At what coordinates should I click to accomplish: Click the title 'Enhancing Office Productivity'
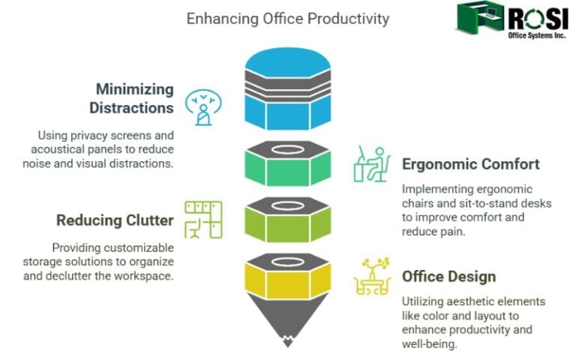[x=288, y=18]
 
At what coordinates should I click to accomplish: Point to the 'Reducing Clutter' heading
[x=115, y=220]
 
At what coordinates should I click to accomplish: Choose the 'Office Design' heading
[x=448, y=277]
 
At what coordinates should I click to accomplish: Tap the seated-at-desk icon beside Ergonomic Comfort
[x=371, y=164]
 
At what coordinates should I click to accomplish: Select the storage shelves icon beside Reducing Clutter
[x=204, y=219]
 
